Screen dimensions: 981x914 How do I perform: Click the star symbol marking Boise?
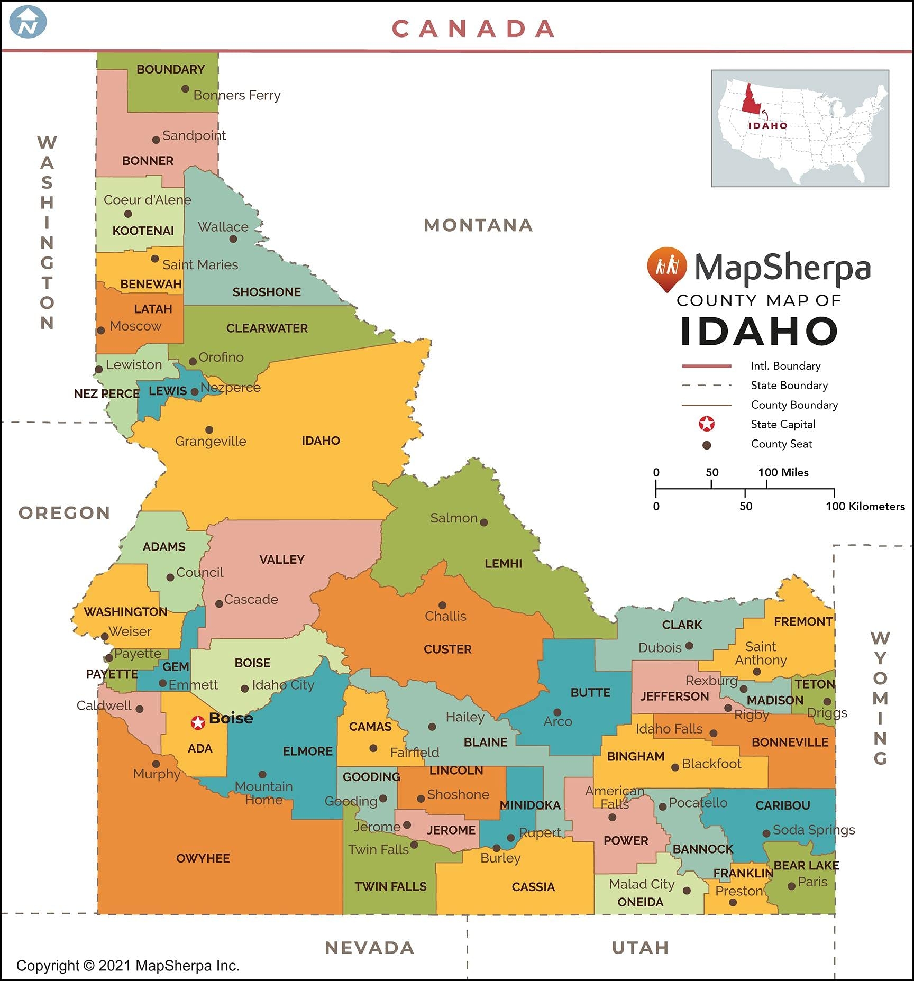pos(198,722)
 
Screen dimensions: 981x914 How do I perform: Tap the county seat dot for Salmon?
pos(483,522)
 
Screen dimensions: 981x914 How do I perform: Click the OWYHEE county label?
pos(203,858)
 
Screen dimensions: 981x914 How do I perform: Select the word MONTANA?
pos(478,225)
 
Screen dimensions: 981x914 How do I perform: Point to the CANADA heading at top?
pos(473,29)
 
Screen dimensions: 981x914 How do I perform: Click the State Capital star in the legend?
pos(707,424)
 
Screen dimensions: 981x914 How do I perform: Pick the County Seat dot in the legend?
pos(706,445)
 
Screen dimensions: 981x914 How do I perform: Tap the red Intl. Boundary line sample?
pos(706,366)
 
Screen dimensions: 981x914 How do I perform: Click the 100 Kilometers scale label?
pos(865,506)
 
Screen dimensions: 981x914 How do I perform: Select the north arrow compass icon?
pos(28,22)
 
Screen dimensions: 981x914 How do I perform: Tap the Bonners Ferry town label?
pos(236,95)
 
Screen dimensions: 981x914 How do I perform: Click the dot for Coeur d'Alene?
pos(128,214)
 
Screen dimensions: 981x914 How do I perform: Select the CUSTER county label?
pos(447,649)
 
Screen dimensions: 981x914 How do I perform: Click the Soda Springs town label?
pos(814,830)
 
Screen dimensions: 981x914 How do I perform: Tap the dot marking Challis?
pos(442,605)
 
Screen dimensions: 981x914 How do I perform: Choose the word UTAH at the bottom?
pos(640,948)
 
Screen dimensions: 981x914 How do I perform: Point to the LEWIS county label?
pos(168,391)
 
